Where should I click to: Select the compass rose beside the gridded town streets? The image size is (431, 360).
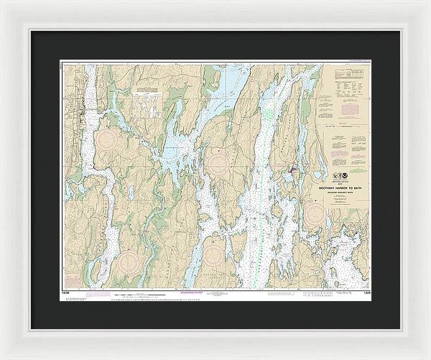coord(111,140)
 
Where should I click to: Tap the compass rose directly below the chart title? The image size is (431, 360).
coord(317,213)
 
